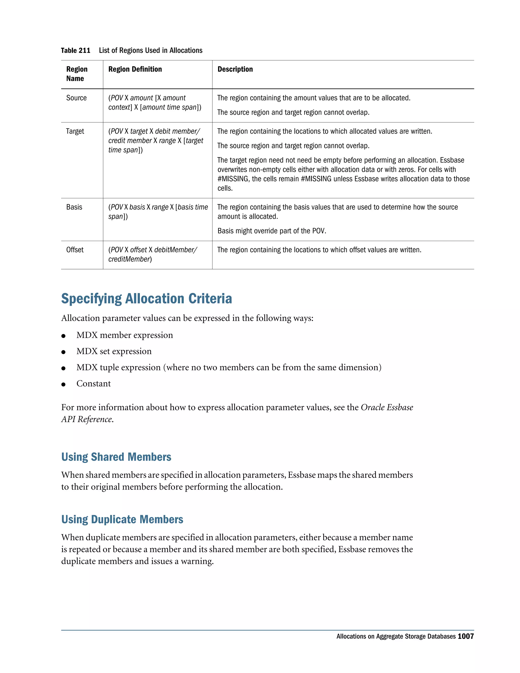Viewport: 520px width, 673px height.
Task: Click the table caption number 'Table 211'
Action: click(x=75, y=51)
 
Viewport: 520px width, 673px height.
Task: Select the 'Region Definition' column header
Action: click(x=135, y=69)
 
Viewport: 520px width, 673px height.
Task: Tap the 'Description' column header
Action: click(x=235, y=69)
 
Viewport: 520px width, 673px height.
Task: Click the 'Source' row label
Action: click(x=76, y=98)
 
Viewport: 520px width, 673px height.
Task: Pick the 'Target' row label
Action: click(x=75, y=131)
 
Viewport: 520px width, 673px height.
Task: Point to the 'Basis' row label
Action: click(x=74, y=207)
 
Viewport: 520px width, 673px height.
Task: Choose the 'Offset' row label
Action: click(x=75, y=250)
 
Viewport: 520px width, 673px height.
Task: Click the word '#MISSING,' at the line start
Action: click(x=233, y=179)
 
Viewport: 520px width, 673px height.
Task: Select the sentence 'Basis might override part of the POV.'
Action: click(x=272, y=231)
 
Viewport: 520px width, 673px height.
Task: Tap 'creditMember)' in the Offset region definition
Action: click(x=130, y=260)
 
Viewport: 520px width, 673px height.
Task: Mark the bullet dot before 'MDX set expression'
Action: click(x=63, y=352)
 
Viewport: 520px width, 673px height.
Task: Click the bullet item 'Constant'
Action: click(x=93, y=384)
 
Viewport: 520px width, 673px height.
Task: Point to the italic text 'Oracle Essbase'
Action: click(x=387, y=407)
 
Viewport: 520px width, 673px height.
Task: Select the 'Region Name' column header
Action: click(x=77, y=74)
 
